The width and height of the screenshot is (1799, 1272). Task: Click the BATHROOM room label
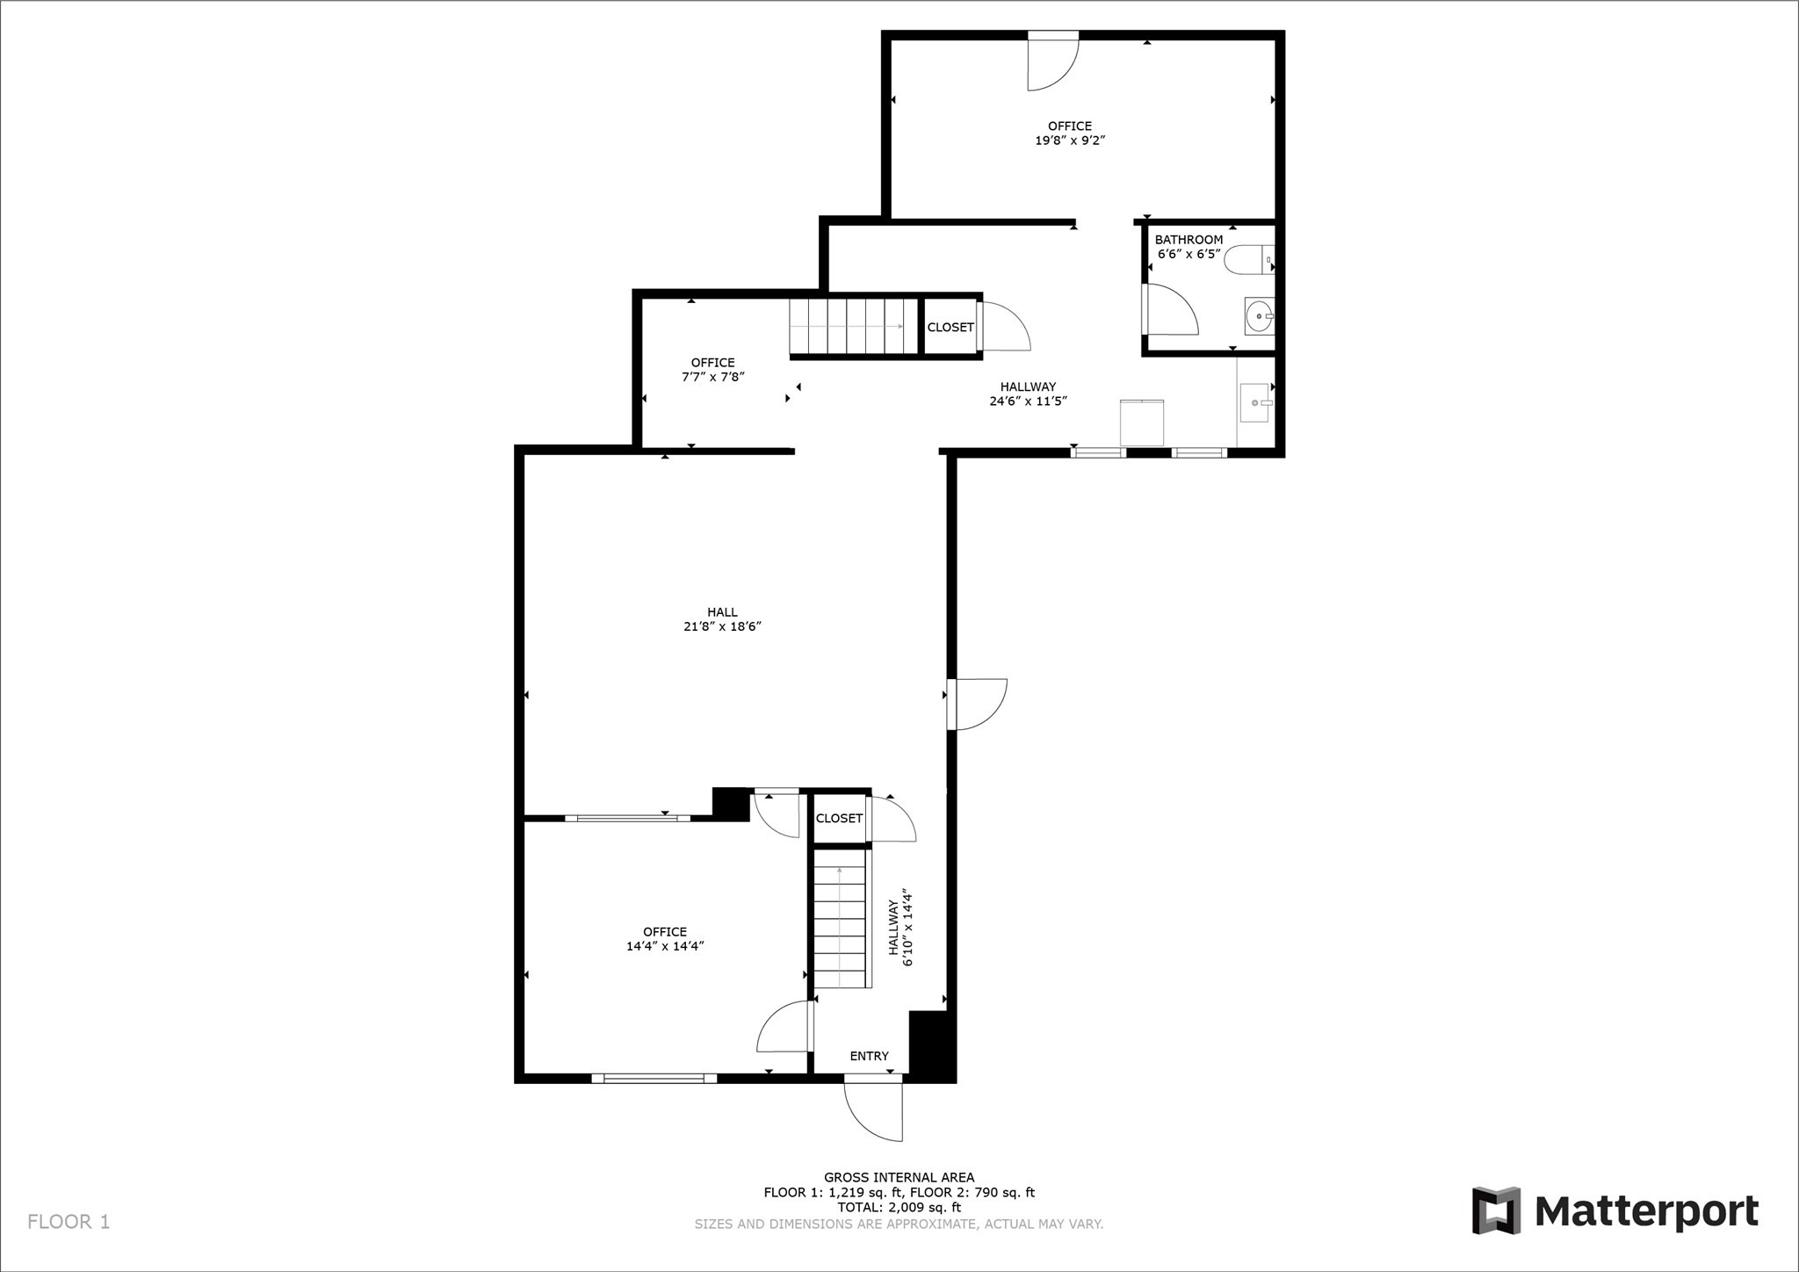(x=1188, y=240)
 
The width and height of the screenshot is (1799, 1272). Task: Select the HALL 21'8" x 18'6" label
(x=722, y=619)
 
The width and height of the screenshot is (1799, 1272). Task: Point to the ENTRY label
(x=869, y=1056)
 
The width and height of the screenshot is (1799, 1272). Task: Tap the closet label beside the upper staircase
(x=950, y=328)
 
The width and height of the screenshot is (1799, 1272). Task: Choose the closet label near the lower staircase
(x=839, y=819)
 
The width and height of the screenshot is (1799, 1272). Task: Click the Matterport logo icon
(x=1496, y=1211)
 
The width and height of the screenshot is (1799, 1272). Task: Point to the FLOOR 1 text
(x=69, y=1222)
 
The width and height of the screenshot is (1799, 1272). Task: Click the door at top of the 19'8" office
(x=1053, y=61)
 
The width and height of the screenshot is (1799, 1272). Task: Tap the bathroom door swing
(x=1170, y=308)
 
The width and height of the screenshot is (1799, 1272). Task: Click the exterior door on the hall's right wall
(x=977, y=704)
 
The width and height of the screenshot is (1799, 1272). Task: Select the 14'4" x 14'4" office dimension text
(x=665, y=946)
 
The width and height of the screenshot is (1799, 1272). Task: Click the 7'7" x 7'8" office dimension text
(x=712, y=377)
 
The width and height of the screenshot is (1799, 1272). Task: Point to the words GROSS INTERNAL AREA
(x=899, y=1177)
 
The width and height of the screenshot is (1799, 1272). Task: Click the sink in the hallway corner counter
(x=1256, y=402)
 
